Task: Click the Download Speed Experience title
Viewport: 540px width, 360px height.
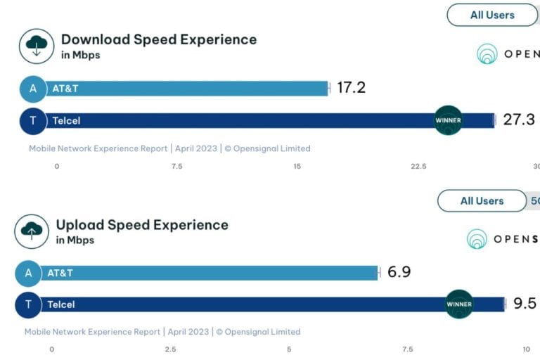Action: click(x=158, y=39)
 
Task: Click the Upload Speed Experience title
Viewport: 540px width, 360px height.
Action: click(x=142, y=225)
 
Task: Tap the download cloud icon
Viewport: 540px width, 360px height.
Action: click(x=37, y=46)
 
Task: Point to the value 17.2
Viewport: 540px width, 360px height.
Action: click(x=351, y=88)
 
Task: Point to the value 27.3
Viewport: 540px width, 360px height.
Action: click(x=518, y=120)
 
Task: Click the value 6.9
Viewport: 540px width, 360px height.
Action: click(x=399, y=272)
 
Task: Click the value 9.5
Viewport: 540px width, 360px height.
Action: click(x=524, y=304)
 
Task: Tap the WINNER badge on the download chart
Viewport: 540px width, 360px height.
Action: click(x=448, y=120)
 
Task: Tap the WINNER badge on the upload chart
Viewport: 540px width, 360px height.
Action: click(x=459, y=304)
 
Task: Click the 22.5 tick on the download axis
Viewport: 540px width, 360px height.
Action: click(x=418, y=166)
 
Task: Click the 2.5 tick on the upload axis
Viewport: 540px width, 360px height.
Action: click(x=170, y=349)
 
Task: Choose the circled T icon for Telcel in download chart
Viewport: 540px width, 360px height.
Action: click(x=32, y=121)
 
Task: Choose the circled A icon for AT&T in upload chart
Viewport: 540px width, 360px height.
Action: click(x=28, y=273)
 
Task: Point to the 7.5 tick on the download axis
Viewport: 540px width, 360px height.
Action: click(x=177, y=166)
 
